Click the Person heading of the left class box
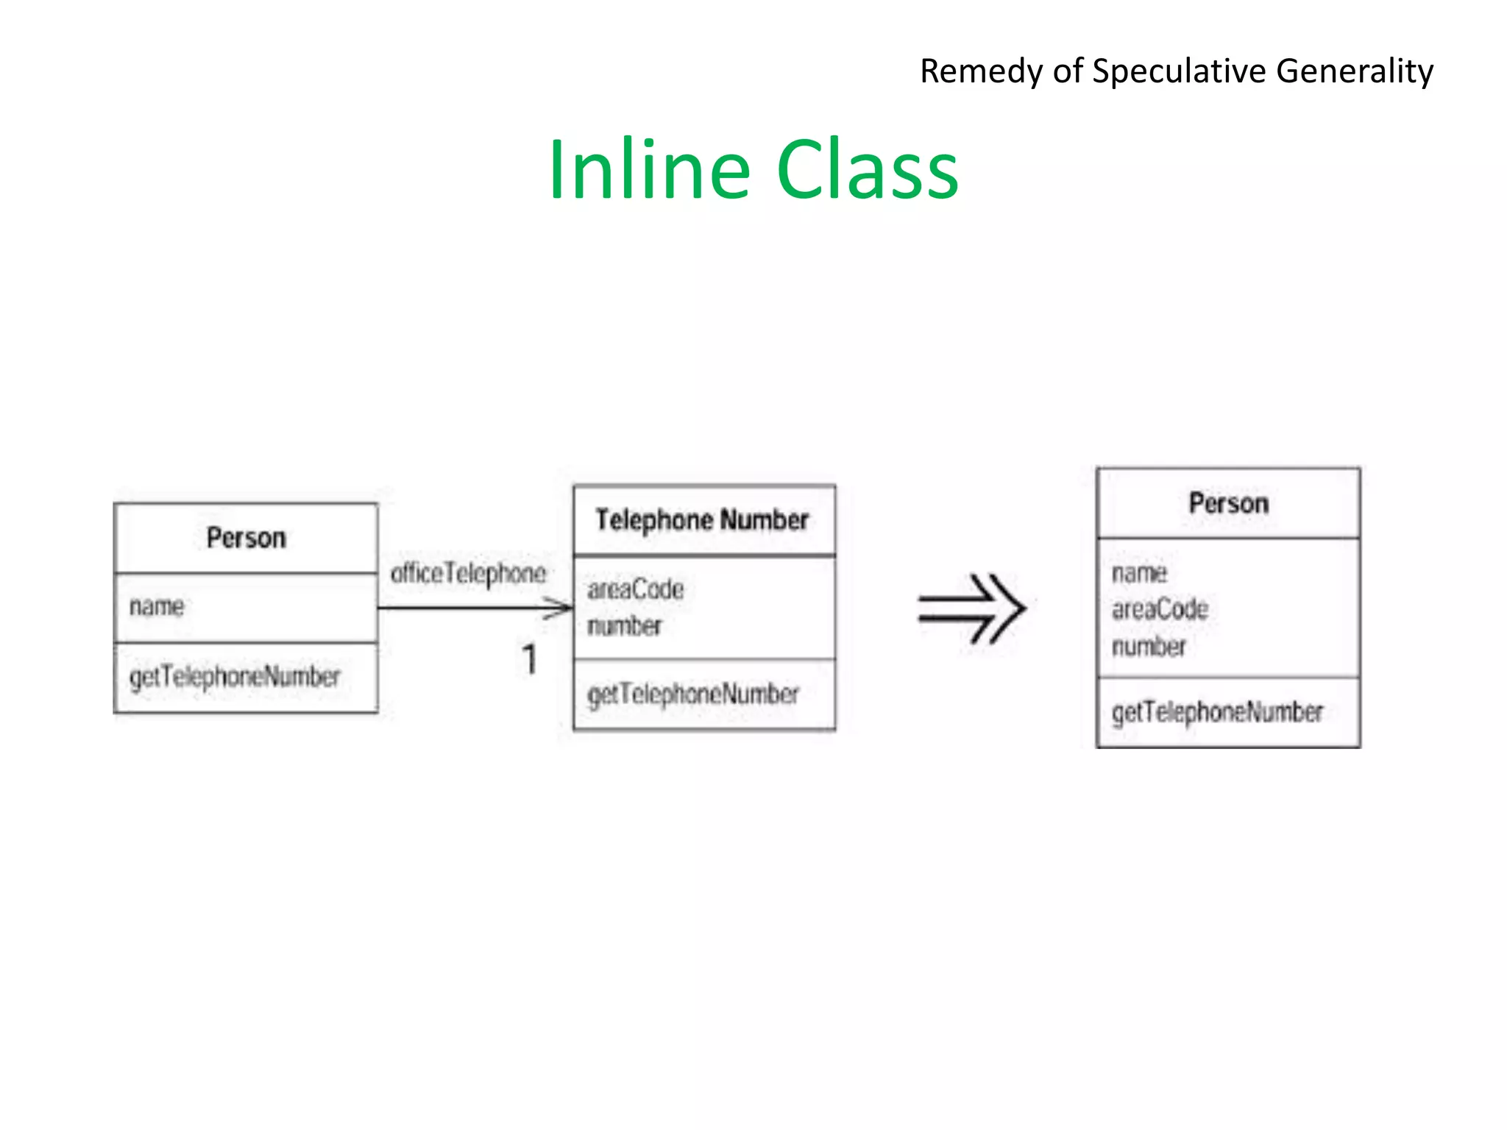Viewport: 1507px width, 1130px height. pyautogui.click(x=246, y=538)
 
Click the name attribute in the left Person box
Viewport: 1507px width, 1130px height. pyautogui.click(x=157, y=606)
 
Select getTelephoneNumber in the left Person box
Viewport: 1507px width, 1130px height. pyautogui.click(x=235, y=677)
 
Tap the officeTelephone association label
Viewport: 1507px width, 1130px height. pyautogui.click(x=468, y=573)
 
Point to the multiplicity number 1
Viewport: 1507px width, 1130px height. pyautogui.click(x=529, y=659)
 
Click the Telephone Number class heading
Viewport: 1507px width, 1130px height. pyautogui.click(x=702, y=520)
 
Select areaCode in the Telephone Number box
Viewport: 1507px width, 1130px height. pyautogui.click(x=636, y=589)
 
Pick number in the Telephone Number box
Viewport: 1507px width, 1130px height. pyautogui.click(x=625, y=626)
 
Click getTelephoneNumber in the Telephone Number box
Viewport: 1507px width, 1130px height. pyautogui.click(x=693, y=694)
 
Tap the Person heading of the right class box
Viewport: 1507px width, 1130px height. pyautogui.click(x=1228, y=503)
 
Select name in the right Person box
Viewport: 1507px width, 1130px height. pyautogui.click(x=1139, y=572)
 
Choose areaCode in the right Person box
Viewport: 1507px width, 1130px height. pyautogui.click(x=1160, y=609)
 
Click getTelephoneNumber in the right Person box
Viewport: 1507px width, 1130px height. pyautogui.click(x=1217, y=712)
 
